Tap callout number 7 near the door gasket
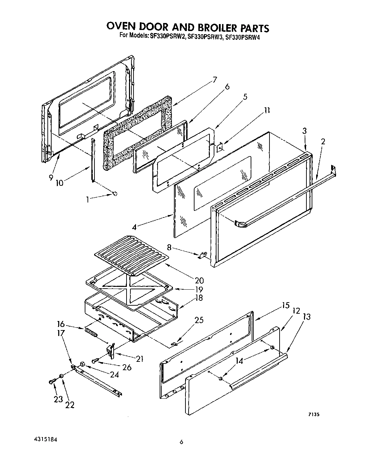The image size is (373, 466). [214, 80]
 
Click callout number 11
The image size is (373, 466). [267, 111]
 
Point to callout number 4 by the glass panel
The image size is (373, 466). [134, 227]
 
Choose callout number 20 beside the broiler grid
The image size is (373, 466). [199, 280]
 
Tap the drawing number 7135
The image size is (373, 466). [314, 414]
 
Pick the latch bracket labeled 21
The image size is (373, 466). [112, 351]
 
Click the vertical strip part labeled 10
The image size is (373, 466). [93, 160]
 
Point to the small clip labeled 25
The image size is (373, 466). [175, 344]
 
